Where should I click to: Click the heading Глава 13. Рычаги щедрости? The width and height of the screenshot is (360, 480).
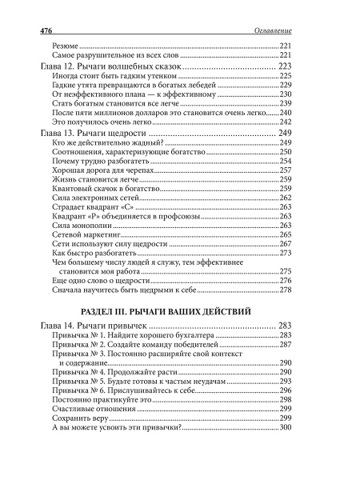94,133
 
